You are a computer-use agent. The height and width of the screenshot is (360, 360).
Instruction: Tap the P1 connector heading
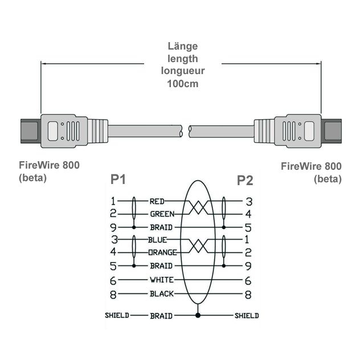coord(118,181)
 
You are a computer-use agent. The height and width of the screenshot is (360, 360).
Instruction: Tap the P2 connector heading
coord(245,181)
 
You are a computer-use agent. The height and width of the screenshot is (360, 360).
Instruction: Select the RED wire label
coord(157,201)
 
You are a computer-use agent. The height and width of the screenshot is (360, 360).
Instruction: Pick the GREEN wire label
coord(162,214)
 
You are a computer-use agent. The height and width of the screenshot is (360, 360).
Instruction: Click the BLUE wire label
coord(157,240)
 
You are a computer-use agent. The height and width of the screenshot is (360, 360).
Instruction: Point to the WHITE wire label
coord(161,280)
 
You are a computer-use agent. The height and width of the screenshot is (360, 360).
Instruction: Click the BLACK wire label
coord(161,294)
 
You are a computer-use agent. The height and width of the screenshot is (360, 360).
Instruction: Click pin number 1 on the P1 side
coord(113,201)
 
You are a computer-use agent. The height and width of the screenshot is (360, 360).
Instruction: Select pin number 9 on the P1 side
coord(113,227)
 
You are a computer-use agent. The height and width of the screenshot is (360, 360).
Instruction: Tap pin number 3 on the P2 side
coord(248,201)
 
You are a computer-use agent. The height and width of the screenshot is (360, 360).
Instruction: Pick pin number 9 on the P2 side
coord(248,265)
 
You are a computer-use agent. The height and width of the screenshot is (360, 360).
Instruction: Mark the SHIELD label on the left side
coord(117,315)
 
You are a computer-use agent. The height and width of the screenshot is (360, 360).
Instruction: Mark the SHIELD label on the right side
coord(247,315)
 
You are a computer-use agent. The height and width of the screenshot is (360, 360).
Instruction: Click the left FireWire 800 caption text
coord(50,165)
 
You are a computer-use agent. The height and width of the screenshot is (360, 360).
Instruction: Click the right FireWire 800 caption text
coord(312,166)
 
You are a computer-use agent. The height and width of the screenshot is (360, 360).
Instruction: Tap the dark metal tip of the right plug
coord(333,130)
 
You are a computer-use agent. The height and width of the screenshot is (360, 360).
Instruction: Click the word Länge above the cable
coord(183,46)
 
